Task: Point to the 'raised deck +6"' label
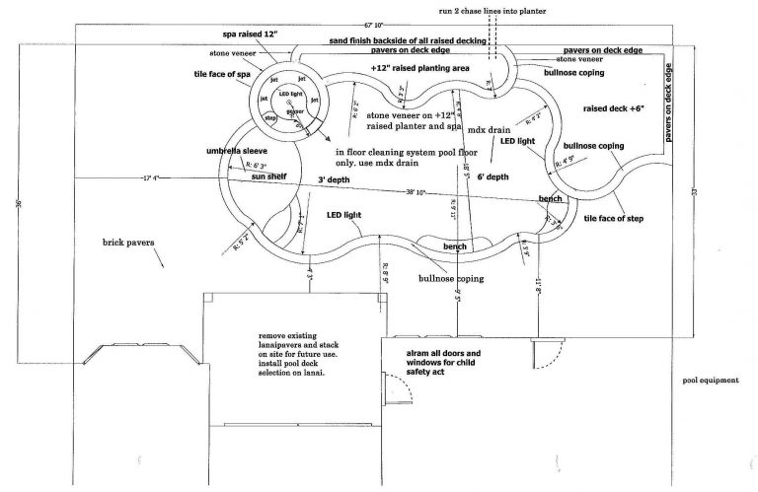coord(614,109)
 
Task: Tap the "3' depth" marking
coord(335,180)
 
